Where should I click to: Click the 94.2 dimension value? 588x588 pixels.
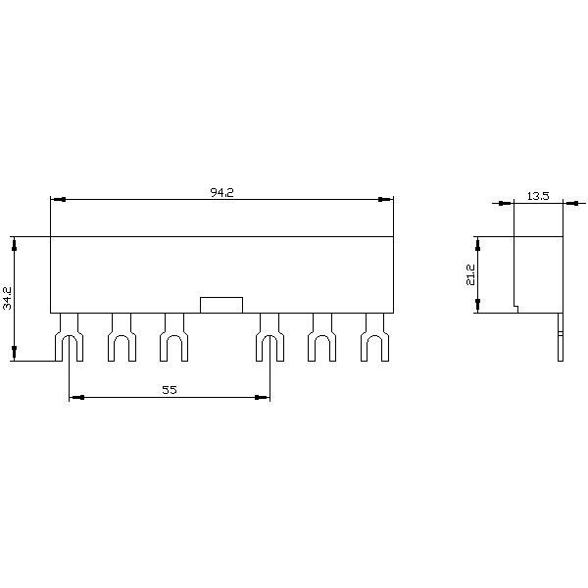tap(222, 193)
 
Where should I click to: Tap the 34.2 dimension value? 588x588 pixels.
tap(8, 299)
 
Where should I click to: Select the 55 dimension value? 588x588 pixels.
tap(170, 390)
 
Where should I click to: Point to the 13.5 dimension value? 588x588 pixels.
tap(538, 196)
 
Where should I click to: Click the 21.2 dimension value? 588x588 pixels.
tap(470, 274)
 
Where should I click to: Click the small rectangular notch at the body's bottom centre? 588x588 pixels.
tap(221, 305)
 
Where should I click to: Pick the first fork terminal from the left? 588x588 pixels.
tap(69, 337)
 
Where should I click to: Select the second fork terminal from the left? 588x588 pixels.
tap(122, 337)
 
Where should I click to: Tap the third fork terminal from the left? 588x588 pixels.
tap(174, 337)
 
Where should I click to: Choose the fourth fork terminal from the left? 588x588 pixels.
tap(270, 337)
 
